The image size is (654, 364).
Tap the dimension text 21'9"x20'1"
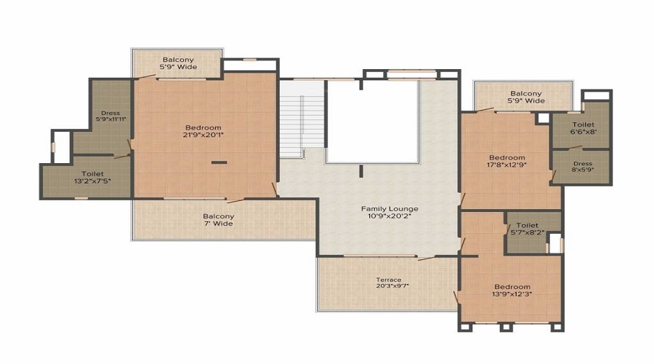click(x=203, y=135)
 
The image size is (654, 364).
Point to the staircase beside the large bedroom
click(x=302, y=119)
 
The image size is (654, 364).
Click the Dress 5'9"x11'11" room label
click(x=110, y=116)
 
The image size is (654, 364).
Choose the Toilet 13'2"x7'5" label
click(x=92, y=177)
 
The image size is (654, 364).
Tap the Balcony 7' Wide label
click(x=218, y=220)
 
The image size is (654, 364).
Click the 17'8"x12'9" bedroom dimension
click(x=506, y=165)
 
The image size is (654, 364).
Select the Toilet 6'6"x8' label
click(x=583, y=128)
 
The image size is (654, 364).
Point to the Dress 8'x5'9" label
click(x=583, y=167)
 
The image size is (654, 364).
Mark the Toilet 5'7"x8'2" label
click(x=528, y=229)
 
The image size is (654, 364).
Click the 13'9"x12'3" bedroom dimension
click(x=512, y=294)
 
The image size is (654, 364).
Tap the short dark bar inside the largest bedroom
click(x=219, y=162)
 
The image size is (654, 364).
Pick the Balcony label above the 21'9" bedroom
click(x=178, y=63)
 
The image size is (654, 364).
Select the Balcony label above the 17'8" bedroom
click(x=526, y=97)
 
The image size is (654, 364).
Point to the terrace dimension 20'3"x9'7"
click(x=392, y=286)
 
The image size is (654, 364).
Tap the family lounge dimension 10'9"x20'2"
click(x=389, y=216)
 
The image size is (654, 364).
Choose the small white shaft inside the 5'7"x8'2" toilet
click(x=554, y=243)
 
